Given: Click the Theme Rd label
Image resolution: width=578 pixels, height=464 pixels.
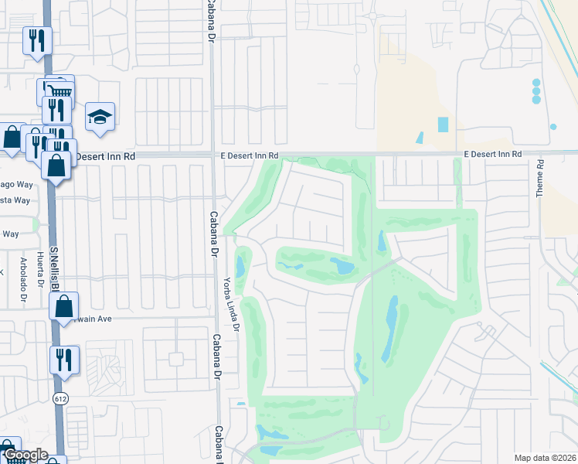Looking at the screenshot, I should [541, 179].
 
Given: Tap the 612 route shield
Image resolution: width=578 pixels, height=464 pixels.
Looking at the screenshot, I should [59, 397].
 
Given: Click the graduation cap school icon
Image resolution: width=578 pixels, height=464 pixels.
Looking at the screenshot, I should [100, 117].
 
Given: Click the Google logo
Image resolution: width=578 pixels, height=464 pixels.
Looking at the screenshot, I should [25, 455].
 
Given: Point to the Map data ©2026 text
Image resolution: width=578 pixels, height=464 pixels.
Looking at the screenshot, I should [546, 458].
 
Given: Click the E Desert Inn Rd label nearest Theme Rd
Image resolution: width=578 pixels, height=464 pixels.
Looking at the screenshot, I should [493, 155].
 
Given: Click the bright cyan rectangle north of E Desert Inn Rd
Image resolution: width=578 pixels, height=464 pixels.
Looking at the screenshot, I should [443, 124].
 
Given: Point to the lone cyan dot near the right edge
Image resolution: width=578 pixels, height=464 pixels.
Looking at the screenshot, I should [553, 126].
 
